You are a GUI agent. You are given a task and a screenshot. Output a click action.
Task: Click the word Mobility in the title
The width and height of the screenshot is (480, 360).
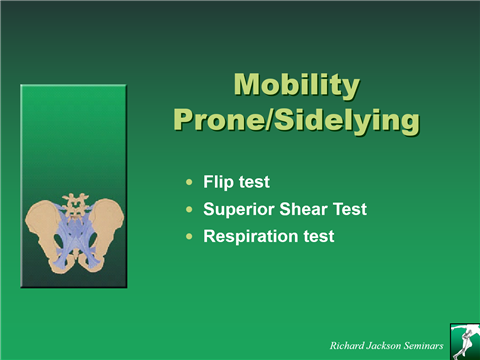pos(296,85)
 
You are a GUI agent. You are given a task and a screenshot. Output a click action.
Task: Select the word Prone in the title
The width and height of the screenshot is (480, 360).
pos(217,120)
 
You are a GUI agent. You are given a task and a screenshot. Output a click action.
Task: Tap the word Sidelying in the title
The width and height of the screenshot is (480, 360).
pos(346,120)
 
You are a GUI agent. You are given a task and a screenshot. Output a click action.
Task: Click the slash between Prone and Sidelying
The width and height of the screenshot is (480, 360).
pos(267,120)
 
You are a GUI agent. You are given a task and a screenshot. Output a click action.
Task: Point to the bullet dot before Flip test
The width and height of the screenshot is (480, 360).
pos(190,183)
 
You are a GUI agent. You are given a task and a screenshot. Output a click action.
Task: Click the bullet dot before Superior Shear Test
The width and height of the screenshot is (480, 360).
pos(190,210)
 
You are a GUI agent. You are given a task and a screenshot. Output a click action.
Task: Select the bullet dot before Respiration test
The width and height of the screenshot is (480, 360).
pos(190,237)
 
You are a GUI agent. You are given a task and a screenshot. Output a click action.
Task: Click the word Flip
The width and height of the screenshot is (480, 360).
pos(218,183)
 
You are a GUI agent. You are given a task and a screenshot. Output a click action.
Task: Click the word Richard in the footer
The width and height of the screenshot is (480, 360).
pos(350,345)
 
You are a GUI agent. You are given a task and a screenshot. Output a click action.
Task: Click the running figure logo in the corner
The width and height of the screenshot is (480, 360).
pos(464,340)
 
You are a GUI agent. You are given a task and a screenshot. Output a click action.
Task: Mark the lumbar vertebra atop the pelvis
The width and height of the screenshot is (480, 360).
pos(73,204)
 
